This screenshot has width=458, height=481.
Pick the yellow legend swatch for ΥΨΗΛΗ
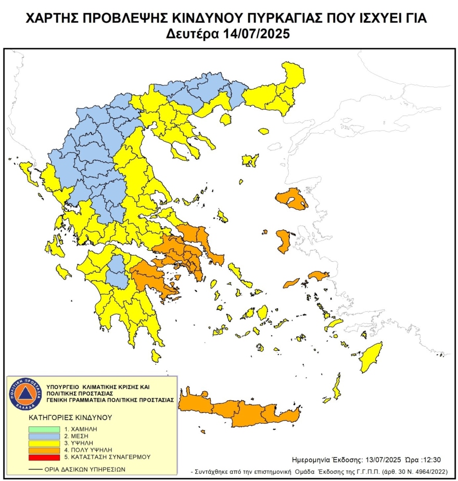[x=44, y=442]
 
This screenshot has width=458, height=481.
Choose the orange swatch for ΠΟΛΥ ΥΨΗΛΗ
[x=44, y=450]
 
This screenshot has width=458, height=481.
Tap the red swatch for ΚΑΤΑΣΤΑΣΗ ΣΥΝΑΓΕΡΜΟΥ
[x=44, y=457]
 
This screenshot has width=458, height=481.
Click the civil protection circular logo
[x=24, y=393]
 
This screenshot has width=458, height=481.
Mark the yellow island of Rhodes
[x=371, y=357]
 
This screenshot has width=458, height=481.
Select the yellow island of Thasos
[x=225, y=120]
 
